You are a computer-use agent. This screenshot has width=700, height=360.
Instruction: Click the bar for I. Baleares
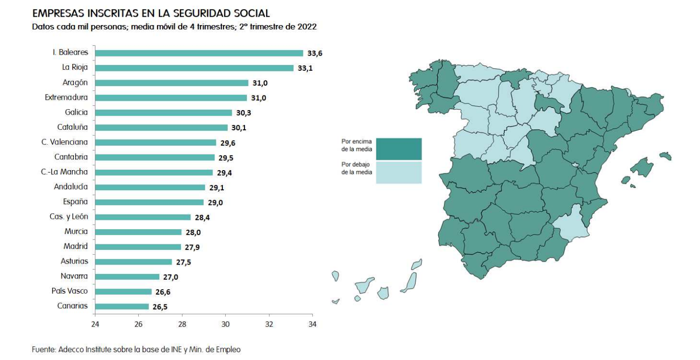point(199,53)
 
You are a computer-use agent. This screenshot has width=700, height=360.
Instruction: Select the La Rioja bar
point(194,68)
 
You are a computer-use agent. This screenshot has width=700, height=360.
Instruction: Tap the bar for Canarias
point(122,306)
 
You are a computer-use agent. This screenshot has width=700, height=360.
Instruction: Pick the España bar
point(149,202)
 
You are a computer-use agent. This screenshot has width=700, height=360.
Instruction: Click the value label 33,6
point(314,53)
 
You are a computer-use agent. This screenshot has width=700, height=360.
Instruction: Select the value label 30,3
point(243,113)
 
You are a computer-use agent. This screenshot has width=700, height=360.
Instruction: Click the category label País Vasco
point(70,291)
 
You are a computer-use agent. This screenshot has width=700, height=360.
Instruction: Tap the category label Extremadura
point(66,97)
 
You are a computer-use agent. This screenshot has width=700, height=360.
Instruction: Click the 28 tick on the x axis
point(182,324)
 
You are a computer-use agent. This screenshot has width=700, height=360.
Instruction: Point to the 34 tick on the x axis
point(312,324)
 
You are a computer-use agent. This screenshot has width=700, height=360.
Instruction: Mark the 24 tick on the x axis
point(95,324)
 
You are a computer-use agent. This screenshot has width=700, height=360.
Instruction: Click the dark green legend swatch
point(398,149)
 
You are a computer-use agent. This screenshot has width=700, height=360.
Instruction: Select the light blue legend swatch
point(398,172)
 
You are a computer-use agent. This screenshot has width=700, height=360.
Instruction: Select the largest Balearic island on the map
point(645,165)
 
